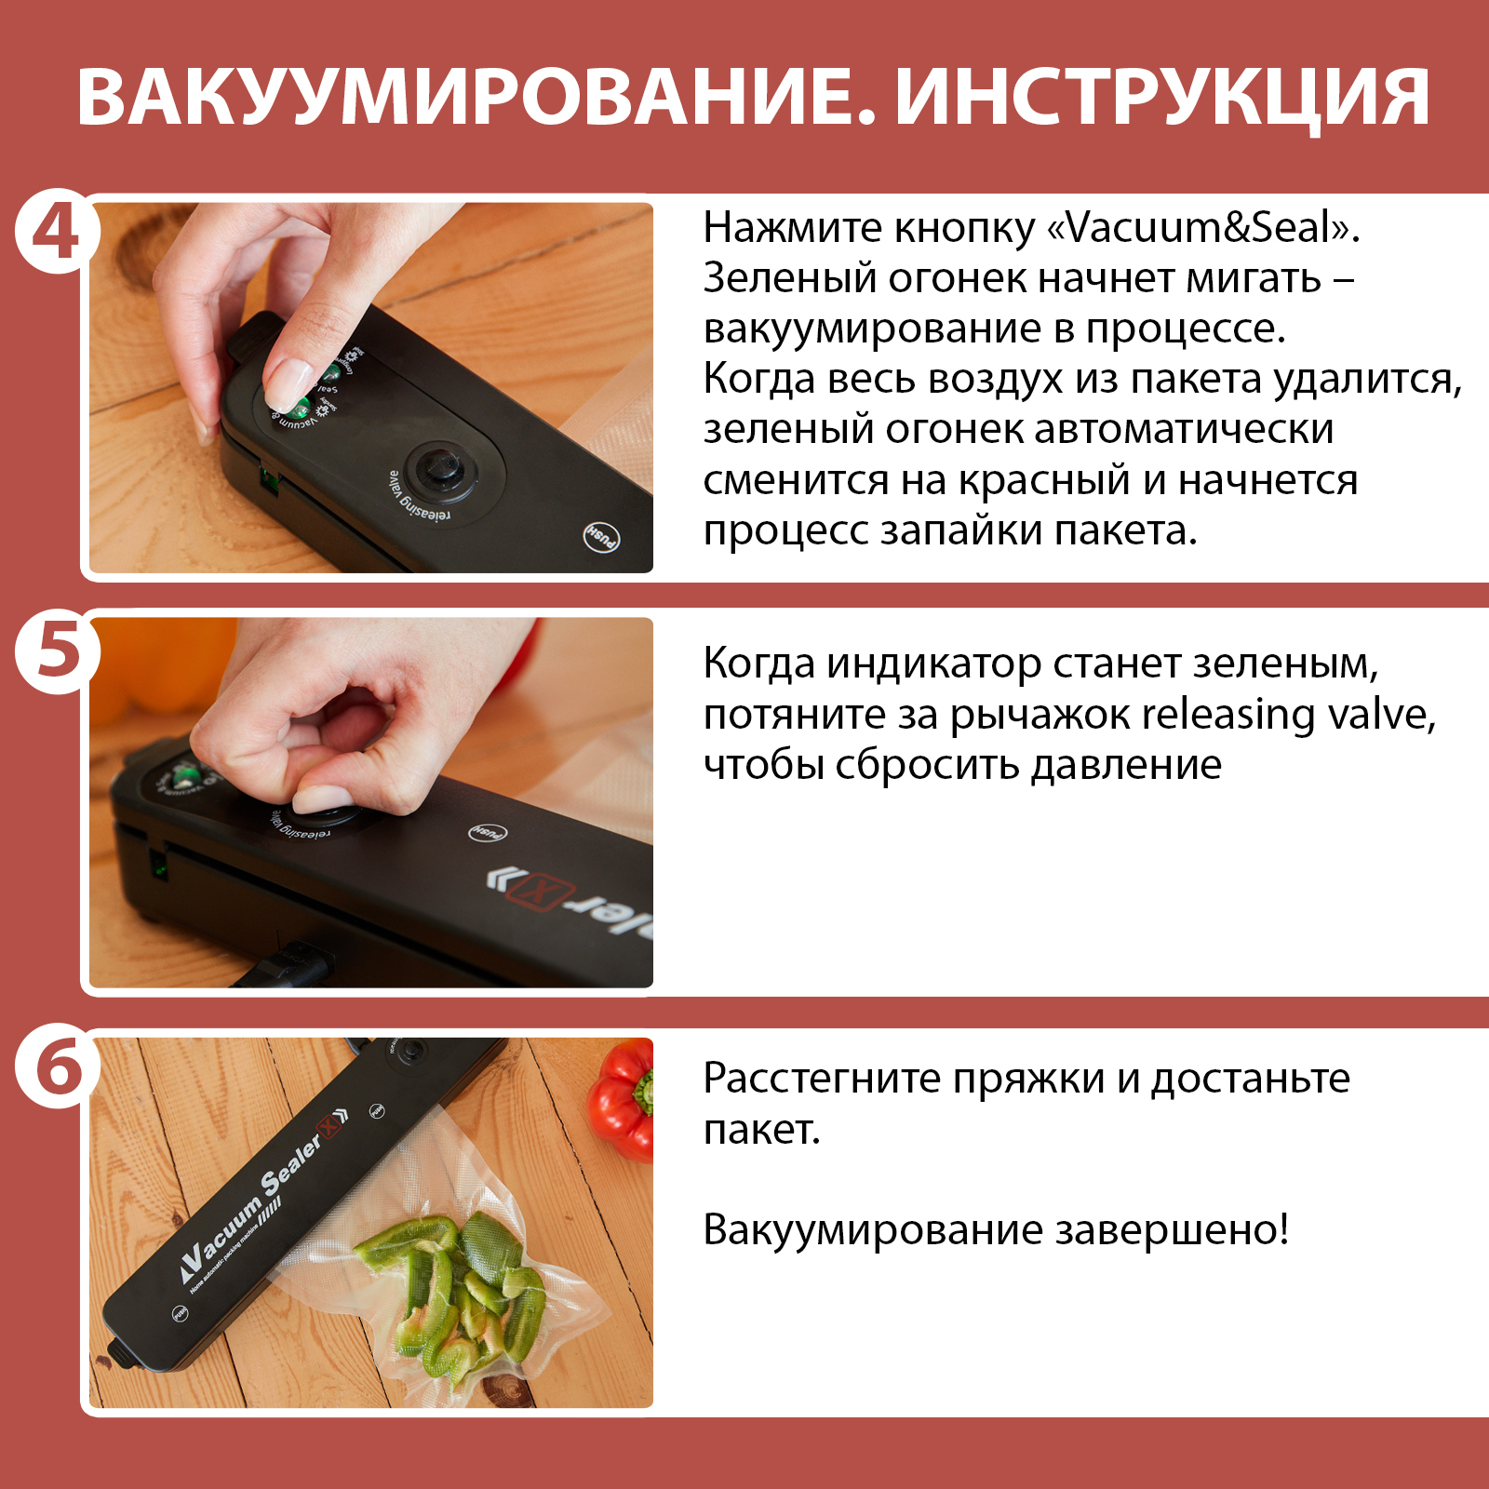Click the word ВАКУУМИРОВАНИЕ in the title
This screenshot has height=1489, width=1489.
pyautogui.click(x=476, y=97)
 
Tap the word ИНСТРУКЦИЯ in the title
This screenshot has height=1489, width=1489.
pyautogui.click(x=1162, y=99)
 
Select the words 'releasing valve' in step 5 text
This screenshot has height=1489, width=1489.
pyautogui.click(x=1289, y=715)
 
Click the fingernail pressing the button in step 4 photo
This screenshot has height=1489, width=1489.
pyautogui.click(x=287, y=382)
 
